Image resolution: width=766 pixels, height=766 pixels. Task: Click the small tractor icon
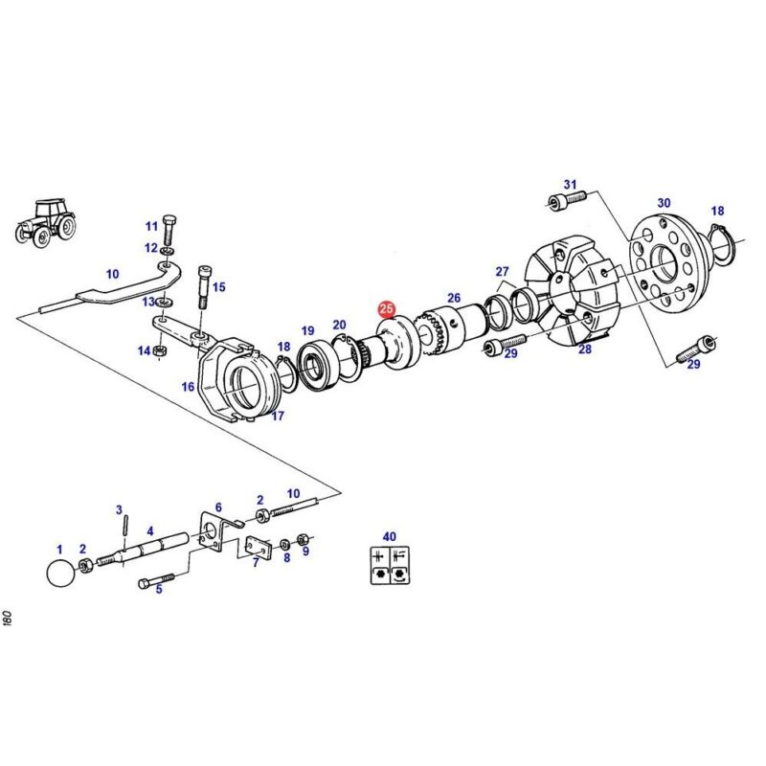pyautogui.click(x=46, y=223)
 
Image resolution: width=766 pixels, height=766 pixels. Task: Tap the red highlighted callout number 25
pyautogui.click(x=386, y=309)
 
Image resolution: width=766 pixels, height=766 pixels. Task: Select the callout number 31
pyautogui.click(x=571, y=184)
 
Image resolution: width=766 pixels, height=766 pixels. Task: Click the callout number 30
pyautogui.click(x=664, y=202)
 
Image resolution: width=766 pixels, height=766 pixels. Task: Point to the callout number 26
pyautogui.click(x=454, y=298)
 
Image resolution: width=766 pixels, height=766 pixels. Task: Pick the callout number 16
pyautogui.click(x=189, y=387)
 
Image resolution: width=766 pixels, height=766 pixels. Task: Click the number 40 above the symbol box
pyautogui.click(x=389, y=537)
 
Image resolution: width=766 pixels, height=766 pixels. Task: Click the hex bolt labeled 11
pyautogui.click(x=168, y=230)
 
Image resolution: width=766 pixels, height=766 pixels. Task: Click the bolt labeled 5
pyautogui.click(x=158, y=581)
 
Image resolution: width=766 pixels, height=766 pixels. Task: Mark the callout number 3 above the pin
pyautogui.click(x=120, y=509)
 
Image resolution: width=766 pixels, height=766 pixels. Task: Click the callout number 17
pyautogui.click(x=278, y=416)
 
